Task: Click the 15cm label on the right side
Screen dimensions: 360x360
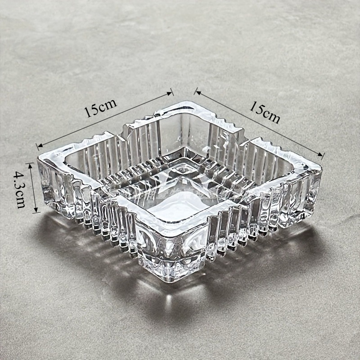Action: coord(265,112)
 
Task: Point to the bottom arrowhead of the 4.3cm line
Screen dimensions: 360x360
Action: coord(36,210)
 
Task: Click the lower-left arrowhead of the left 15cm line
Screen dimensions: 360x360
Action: coord(40,145)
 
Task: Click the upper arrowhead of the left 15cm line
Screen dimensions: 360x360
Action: coord(170,93)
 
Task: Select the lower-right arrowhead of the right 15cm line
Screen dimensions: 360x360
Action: coord(321,155)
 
